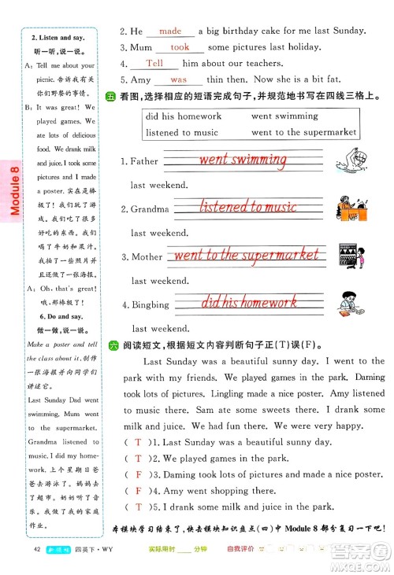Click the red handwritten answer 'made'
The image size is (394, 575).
click(x=170, y=31)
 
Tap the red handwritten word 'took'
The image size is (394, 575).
click(x=180, y=47)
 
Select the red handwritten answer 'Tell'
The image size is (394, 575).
click(x=155, y=64)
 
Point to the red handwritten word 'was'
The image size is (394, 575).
click(x=179, y=79)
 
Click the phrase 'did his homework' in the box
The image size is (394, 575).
click(x=184, y=116)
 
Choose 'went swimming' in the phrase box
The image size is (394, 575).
click(x=285, y=116)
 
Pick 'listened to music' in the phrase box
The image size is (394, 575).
click(x=182, y=132)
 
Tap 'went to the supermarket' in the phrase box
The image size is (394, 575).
click(x=304, y=132)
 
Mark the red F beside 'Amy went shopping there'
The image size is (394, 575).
click(x=139, y=491)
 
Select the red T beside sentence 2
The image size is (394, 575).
click(x=139, y=458)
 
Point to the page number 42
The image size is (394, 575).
click(x=37, y=549)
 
